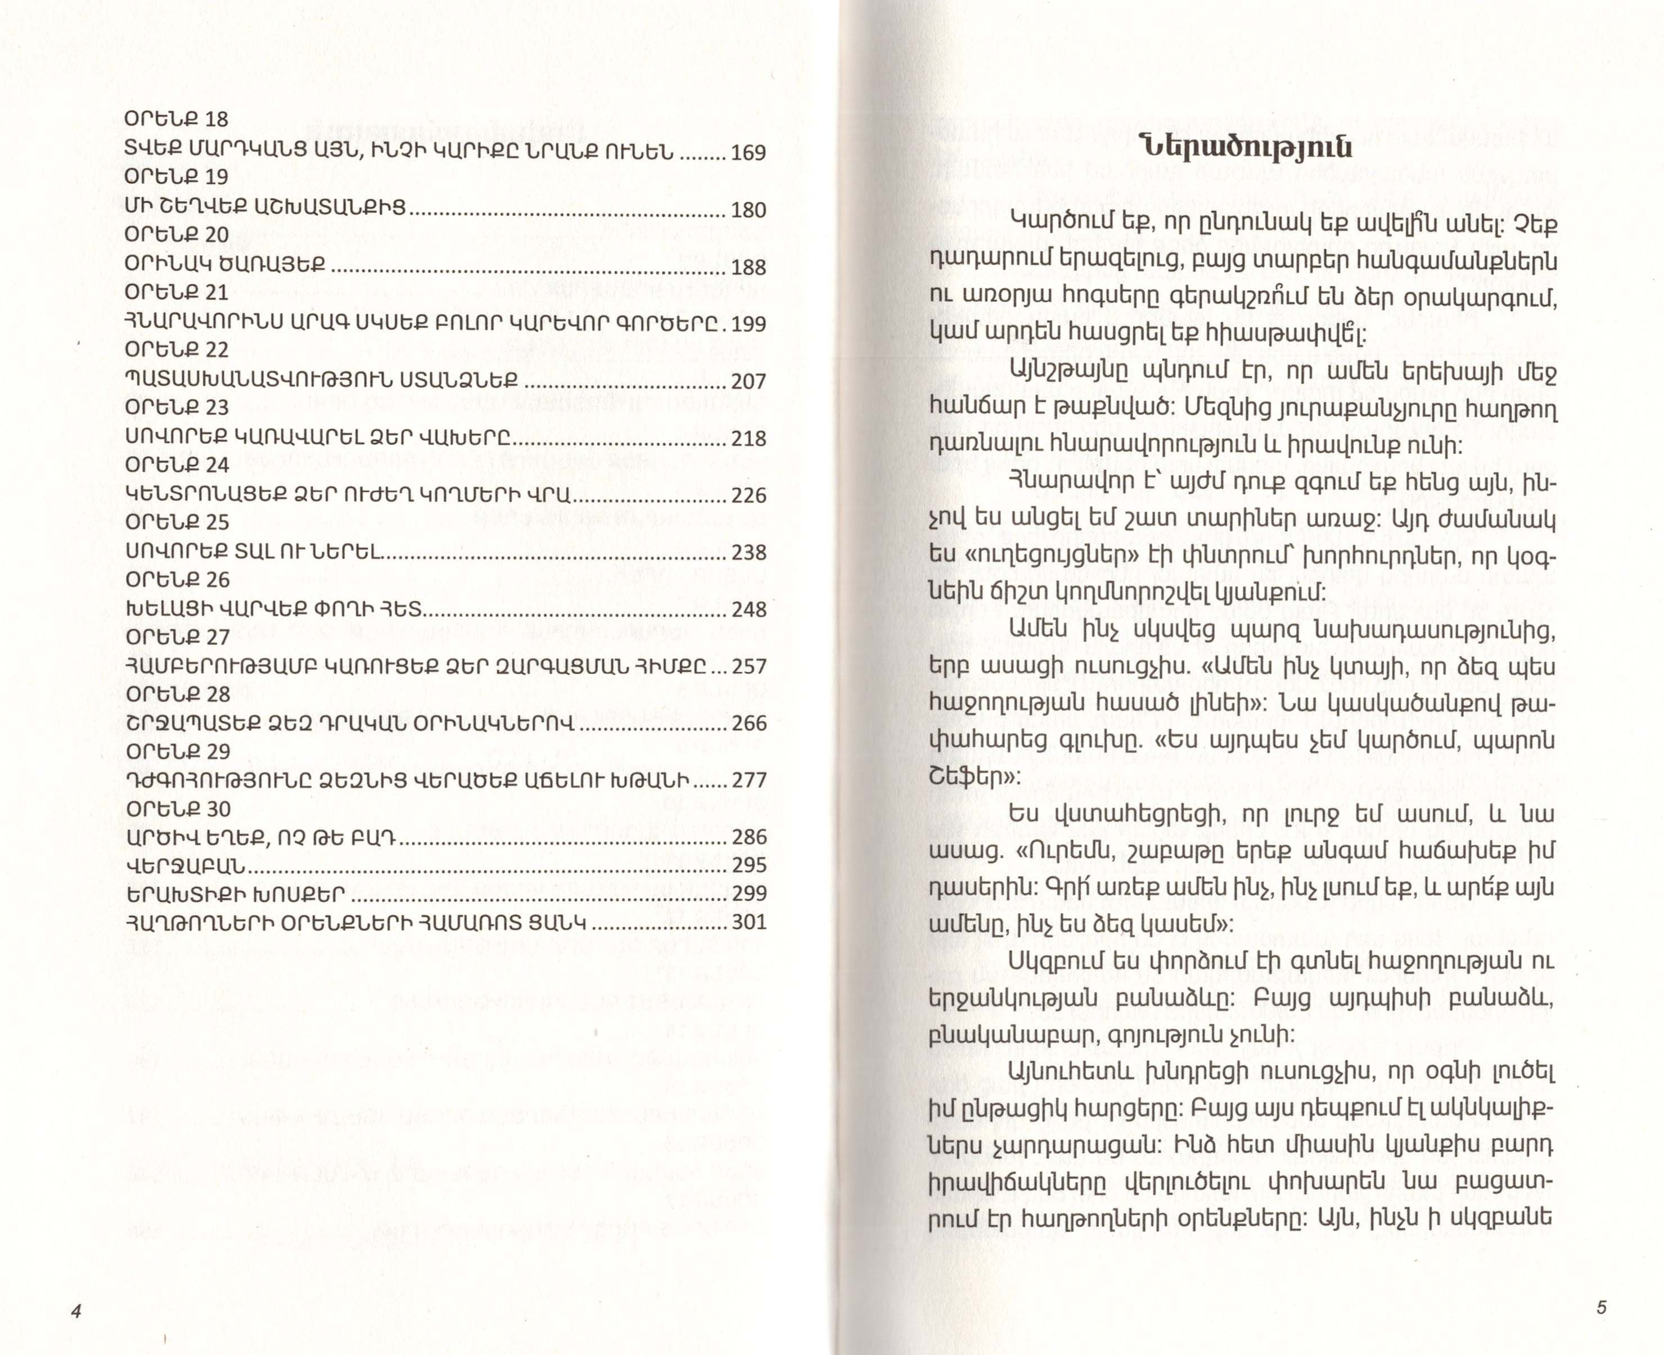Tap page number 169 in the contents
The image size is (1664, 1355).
pos(748,153)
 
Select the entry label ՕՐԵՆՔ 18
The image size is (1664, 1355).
pos(177,119)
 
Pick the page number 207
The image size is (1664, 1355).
pos(748,382)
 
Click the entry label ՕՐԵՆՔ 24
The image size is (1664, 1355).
pos(177,465)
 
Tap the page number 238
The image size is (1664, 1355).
pos(748,553)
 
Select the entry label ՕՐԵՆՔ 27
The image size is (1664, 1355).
pos(177,638)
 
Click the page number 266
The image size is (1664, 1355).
pos(748,724)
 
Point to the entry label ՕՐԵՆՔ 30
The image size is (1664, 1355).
pos(177,810)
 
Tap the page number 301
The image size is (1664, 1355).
pos(748,923)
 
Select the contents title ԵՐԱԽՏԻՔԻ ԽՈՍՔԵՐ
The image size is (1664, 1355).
pos(235,894)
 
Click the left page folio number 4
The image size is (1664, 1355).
pos(76,1311)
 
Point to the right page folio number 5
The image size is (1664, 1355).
pos(1601,1307)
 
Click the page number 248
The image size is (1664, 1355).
pos(748,609)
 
